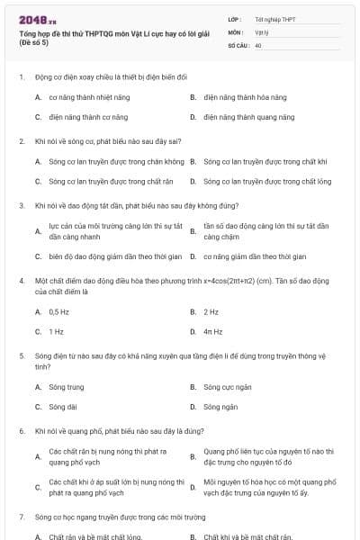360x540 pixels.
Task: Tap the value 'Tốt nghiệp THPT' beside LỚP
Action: point(274,19)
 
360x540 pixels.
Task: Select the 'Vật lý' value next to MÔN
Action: point(262,31)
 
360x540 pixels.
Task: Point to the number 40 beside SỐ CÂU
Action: point(258,43)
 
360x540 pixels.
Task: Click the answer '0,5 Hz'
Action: point(58,311)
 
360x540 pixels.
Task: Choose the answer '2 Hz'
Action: point(211,311)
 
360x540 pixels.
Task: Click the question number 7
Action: point(22,517)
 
